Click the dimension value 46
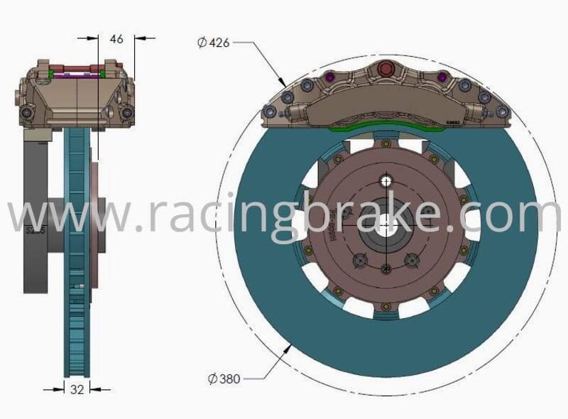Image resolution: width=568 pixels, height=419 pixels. (116, 39)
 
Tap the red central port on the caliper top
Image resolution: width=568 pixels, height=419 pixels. (386, 68)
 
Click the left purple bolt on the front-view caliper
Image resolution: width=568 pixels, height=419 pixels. (329, 77)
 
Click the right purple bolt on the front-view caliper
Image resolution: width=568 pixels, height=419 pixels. (442, 77)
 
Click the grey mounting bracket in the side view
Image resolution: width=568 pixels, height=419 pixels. (35, 213)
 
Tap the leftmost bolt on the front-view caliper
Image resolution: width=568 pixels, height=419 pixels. (270, 111)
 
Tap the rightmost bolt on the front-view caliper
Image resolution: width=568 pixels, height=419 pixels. (502, 111)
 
